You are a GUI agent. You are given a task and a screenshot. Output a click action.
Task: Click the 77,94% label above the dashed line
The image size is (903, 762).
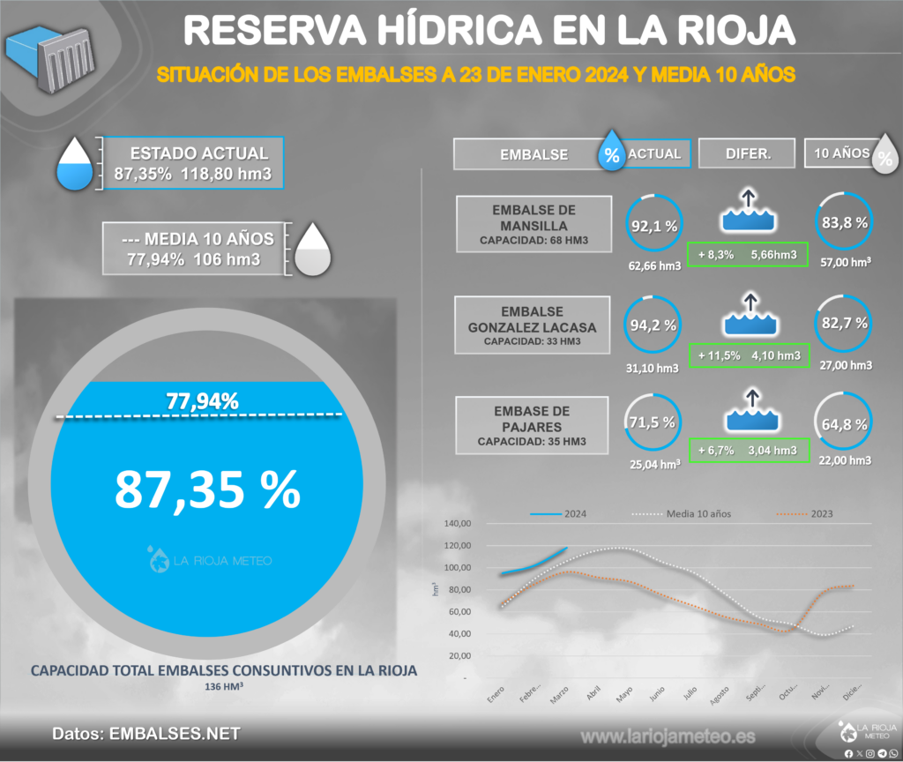click(x=202, y=401)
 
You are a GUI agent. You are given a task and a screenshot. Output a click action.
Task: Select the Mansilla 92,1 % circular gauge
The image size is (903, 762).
click(x=653, y=226)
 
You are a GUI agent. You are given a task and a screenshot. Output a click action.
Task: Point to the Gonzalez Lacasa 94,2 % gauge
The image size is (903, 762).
click(x=653, y=325)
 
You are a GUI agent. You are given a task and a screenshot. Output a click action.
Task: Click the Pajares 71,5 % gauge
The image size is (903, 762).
click(x=653, y=423)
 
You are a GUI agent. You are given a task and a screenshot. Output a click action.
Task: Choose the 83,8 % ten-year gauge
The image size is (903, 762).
click(x=844, y=223)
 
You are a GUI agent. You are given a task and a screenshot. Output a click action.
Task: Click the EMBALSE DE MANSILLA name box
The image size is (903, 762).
click(x=534, y=224)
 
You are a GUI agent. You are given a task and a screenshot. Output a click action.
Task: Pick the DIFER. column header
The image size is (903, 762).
click(x=748, y=153)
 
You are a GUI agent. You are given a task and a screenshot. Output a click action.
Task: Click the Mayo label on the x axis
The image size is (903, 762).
click(x=624, y=696)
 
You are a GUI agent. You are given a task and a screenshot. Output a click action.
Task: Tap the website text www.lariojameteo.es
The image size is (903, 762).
click(x=668, y=736)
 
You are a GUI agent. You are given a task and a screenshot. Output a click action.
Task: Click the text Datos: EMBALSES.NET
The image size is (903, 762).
click(x=146, y=734)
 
